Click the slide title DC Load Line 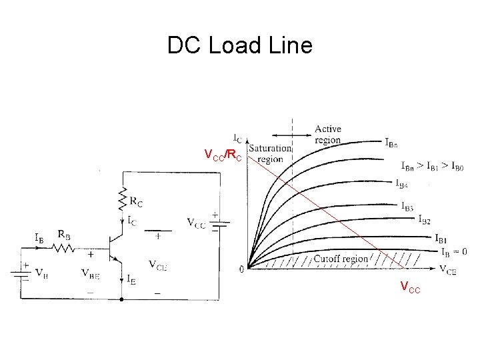pos(239,45)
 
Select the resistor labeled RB pos(64,247)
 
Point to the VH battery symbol pos(25,275)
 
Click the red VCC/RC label pos(223,156)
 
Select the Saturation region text pos(270,153)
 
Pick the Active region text pos(327,134)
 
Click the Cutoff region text pos(340,259)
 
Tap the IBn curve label pos(393,141)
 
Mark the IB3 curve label pos(407,206)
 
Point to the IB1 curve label pos(440,238)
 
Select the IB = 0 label pos(454,251)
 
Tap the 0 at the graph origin pos(241,269)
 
